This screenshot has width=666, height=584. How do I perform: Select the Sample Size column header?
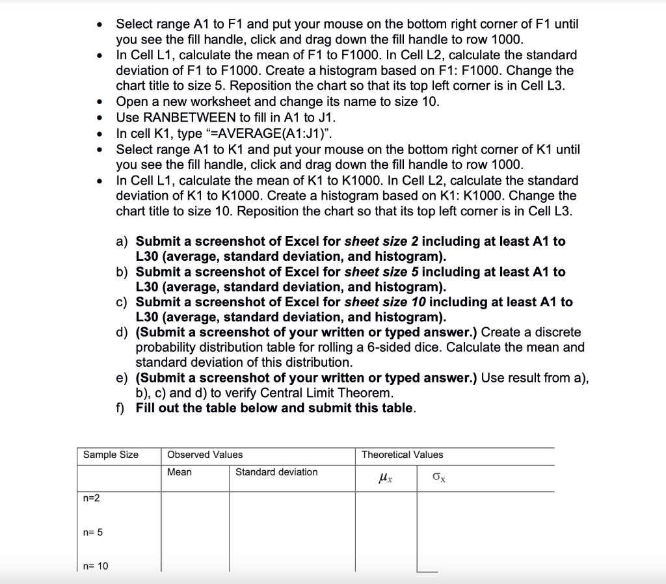tap(111, 455)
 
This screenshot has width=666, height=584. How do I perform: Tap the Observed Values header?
tap(205, 455)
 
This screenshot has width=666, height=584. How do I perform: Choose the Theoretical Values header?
tap(402, 455)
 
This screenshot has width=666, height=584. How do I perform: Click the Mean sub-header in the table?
tap(180, 472)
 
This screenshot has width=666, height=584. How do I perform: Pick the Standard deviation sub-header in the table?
tap(276, 472)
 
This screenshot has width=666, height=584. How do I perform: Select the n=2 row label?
tap(92, 498)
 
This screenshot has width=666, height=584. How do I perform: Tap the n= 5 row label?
tap(94, 533)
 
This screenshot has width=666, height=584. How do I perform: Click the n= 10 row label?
tap(96, 566)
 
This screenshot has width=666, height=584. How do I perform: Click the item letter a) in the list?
tap(122, 241)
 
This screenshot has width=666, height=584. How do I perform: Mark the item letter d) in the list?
tap(122, 332)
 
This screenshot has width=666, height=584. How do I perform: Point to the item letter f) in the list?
tap(121, 408)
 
